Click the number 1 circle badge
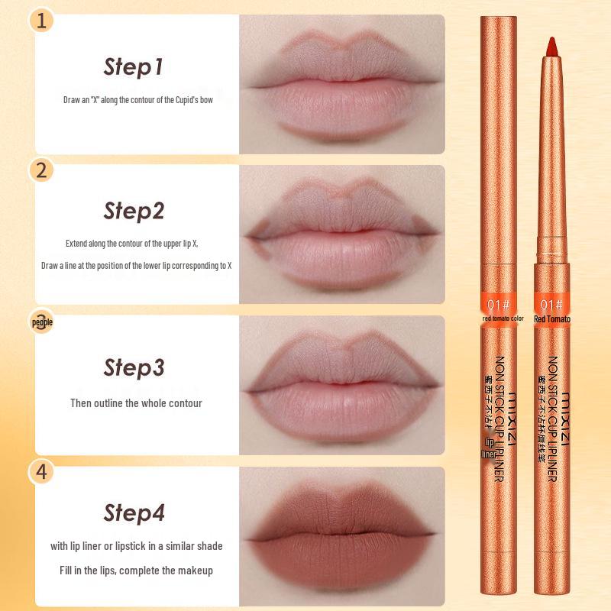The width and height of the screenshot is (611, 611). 43,20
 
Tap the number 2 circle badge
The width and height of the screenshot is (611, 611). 43,170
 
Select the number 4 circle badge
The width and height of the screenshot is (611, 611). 43,472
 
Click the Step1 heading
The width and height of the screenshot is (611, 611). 134,67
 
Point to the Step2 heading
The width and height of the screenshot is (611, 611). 134,211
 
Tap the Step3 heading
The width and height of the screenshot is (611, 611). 134,368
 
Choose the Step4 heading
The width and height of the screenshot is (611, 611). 134,512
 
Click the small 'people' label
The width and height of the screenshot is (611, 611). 43,322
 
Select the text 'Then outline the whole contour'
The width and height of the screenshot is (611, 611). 136,402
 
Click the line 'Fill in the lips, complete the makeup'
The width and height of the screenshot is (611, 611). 136,570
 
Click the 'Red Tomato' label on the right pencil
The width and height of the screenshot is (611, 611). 553,319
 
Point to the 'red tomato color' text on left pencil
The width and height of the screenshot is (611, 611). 503,319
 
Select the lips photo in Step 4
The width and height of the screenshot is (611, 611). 341,532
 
